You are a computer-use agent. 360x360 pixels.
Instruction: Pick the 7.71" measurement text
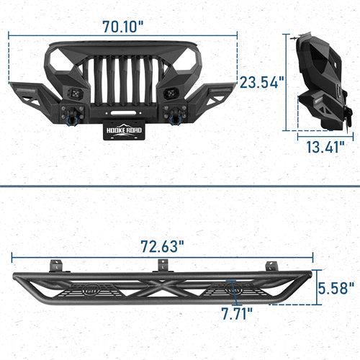[235, 314]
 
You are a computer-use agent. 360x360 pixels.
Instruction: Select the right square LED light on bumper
[171, 94]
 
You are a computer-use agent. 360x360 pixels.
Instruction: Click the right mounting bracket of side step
[272, 265]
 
